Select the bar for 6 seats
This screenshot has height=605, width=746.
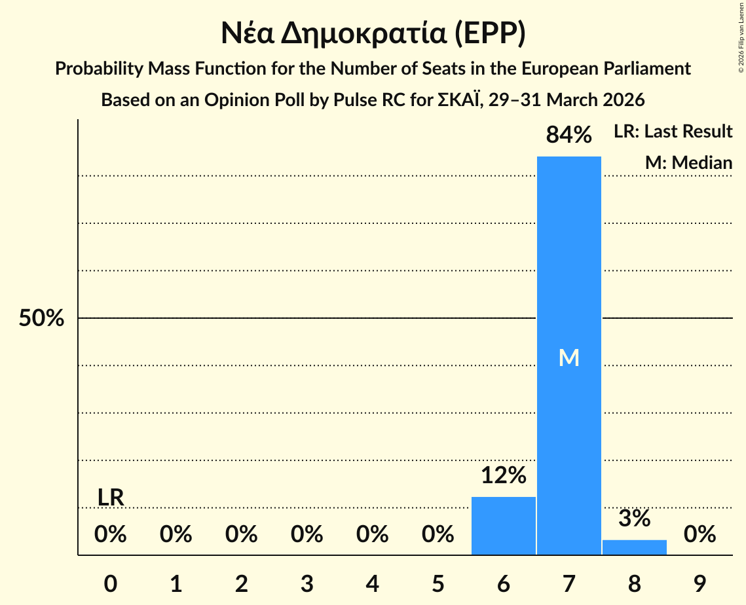tap(503, 526)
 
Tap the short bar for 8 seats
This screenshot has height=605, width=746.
tap(634, 547)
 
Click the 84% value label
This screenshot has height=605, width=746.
tap(569, 136)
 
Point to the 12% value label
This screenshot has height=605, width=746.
tap(503, 475)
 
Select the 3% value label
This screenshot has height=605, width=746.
tap(634, 519)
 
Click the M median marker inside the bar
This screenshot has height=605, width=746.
tap(569, 357)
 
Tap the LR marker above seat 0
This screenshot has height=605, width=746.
tap(111, 498)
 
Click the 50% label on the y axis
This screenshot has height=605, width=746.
tap(41, 319)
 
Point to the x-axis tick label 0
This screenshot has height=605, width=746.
tap(111, 584)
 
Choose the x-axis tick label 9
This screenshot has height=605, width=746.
tap(699, 584)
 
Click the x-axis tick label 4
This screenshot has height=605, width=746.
tap(372, 584)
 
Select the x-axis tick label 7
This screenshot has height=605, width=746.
tap(569, 584)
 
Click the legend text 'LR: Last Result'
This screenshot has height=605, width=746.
tap(673, 132)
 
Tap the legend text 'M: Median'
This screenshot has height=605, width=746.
tap(688, 162)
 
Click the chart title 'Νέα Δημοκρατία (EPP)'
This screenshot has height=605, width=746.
tap(373, 34)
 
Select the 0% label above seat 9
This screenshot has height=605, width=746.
tap(699, 535)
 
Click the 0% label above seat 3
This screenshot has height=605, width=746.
tap(307, 535)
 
